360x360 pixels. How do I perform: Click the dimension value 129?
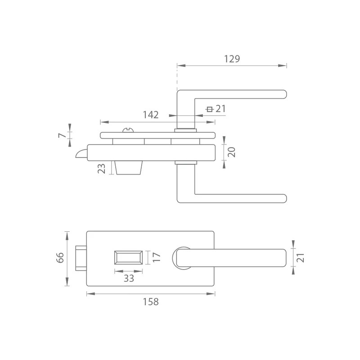tap(232, 59)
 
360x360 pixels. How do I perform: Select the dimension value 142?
tap(151, 115)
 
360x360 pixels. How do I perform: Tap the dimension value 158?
tap(151, 301)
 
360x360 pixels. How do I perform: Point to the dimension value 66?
tap(60, 257)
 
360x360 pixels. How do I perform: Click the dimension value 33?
tap(129, 279)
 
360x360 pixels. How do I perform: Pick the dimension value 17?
tap(156, 257)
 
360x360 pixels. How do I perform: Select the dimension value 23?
tap(102, 168)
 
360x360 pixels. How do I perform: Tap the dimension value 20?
tap(231, 152)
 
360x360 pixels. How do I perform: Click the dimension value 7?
tap(62, 135)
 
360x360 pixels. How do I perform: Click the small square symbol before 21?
tap(209, 109)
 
